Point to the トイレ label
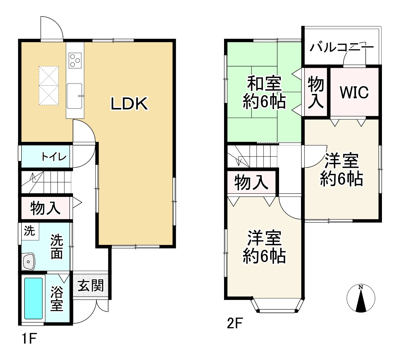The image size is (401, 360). pyautogui.click(x=53, y=157)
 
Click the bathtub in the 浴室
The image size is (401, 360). pyautogui.click(x=33, y=298)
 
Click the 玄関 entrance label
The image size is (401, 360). pyautogui.click(x=91, y=286)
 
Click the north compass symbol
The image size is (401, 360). pyautogui.click(x=361, y=298)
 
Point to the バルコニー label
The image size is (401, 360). pyautogui.click(x=342, y=47)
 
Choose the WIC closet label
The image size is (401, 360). pyautogui.click(x=355, y=93)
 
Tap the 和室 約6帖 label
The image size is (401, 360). pyautogui.click(x=264, y=93)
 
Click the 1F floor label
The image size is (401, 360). pyautogui.click(x=29, y=339)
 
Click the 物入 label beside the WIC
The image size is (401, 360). pyautogui.click(x=316, y=93)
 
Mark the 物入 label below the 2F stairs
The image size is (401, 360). pyautogui.click(x=251, y=183)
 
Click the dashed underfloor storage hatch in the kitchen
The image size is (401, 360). pyautogui.click(x=49, y=86)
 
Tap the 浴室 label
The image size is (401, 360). pyautogui.click(x=57, y=298)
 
